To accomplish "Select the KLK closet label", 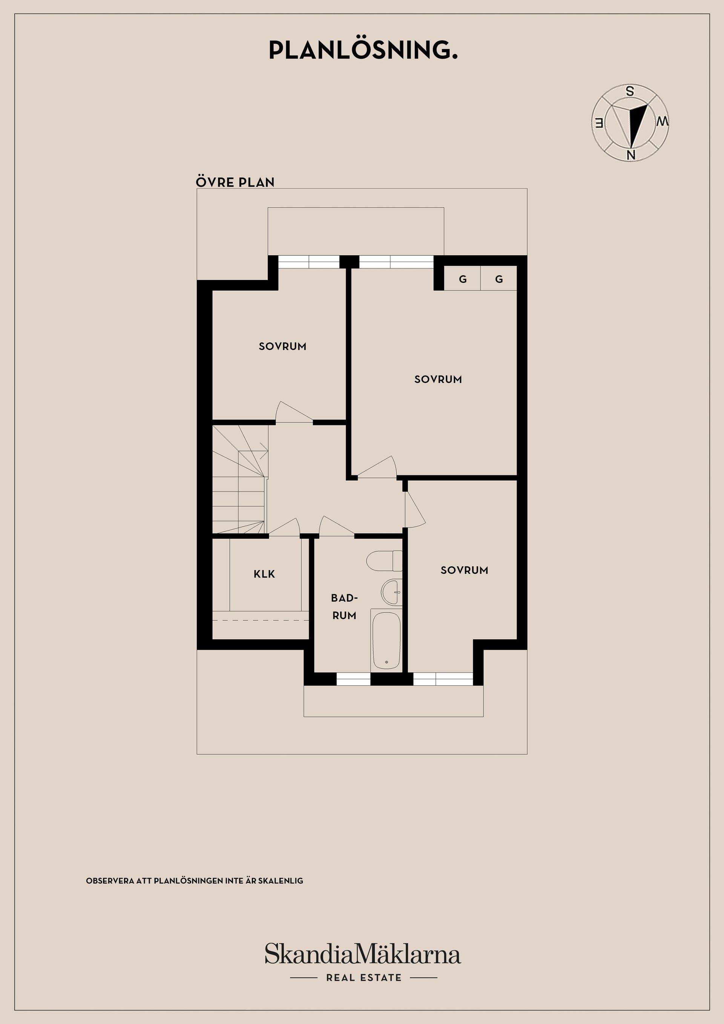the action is pos(265,574).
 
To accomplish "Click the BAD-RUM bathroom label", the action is pos(344,607).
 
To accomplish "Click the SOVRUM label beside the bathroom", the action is pos(464,570).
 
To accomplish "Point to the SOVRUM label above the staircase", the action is pos(282,346).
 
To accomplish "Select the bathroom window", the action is pos(353,679).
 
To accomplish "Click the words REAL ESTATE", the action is pos(364,978).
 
